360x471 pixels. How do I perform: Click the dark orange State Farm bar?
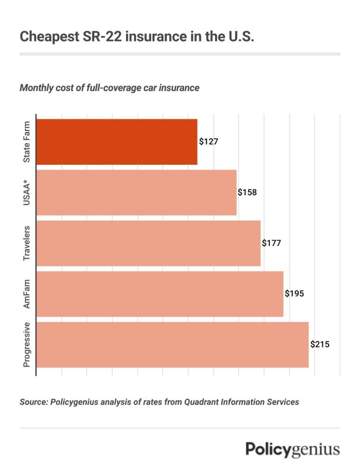click(x=117, y=142)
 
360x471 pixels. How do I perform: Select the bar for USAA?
click(x=136, y=192)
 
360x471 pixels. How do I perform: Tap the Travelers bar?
click(x=148, y=243)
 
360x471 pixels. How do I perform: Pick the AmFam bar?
click(x=160, y=294)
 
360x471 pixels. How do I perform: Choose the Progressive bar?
click(x=172, y=345)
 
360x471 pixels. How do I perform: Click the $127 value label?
click(x=208, y=142)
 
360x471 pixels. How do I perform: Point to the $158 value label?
click(x=247, y=192)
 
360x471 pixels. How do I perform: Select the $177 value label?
click(x=271, y=243)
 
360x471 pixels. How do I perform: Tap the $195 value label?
click(x=294, y=293)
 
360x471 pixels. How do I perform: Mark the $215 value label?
click(x=320, y=344)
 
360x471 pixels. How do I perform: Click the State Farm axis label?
click(x=27, y=142)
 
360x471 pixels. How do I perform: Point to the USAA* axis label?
click(x=27, y=192)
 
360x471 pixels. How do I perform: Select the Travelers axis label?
click(x=27, y=243)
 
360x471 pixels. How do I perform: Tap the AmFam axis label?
click(x=27, y=294)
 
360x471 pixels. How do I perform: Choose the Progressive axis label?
click(x=27, y=345)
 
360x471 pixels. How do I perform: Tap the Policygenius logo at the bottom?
click(x=292, y=449)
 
